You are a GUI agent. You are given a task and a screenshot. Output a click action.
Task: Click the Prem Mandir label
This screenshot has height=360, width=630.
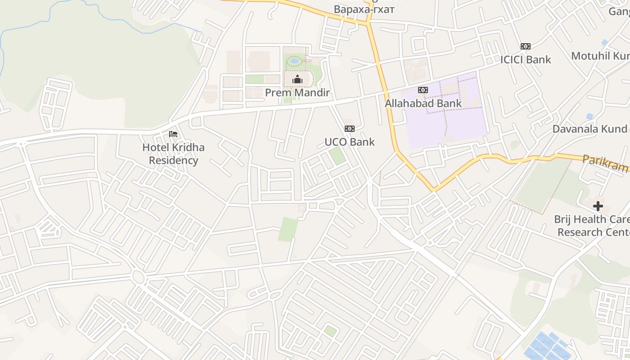297,93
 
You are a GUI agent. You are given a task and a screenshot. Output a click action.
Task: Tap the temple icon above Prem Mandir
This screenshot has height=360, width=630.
297,80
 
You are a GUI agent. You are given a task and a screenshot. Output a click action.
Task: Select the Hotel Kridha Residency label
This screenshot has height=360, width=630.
174,153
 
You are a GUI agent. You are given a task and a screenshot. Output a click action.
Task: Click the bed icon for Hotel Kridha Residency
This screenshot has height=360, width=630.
173,134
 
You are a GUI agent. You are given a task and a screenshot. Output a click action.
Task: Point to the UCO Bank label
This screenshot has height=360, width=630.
350,142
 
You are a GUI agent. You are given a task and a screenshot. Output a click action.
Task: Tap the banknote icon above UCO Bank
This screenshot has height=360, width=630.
350,129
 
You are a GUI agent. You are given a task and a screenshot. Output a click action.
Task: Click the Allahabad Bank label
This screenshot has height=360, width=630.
423,103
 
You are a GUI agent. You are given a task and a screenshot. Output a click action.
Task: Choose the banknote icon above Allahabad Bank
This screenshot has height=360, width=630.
423,90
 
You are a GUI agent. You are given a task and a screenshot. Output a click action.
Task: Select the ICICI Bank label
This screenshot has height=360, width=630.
526,59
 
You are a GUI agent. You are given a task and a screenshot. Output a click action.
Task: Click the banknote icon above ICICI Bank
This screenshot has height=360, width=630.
526,46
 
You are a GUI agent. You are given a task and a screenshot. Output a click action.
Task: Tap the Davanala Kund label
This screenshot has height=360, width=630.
590,129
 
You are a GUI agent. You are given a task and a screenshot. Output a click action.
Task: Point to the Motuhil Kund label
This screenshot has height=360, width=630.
600,56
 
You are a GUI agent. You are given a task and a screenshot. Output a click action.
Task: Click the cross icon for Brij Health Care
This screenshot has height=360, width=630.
598,206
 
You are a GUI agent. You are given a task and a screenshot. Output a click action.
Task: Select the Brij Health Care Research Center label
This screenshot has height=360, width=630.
592,225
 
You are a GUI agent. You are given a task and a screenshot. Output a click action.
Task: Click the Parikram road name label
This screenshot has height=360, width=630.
605,164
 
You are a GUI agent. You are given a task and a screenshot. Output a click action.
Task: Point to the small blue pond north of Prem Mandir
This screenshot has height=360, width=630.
294,60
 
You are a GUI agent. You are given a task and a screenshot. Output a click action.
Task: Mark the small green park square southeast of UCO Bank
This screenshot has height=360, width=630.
337,156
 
